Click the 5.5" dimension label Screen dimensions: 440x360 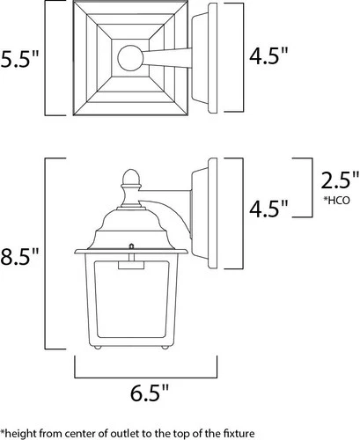pyautogui.click(x=20, y=62)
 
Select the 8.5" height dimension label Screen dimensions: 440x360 pyautogui.click(x=20, y=260)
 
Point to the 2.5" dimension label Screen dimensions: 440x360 pyautogui.click(x=338, y=206)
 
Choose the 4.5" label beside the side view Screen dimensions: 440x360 pyautogui.click(x=268, y=234)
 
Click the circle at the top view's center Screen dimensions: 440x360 pyautogui.click(x=129, y=60)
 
